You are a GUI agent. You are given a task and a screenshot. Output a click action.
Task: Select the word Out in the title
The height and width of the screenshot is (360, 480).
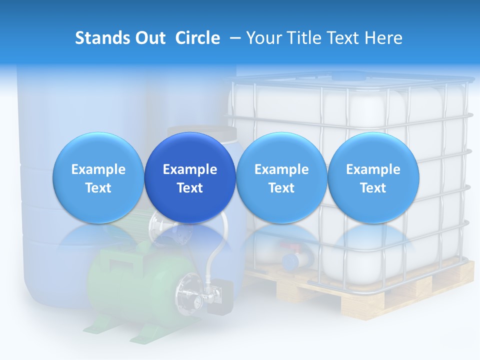(x=148, y=38)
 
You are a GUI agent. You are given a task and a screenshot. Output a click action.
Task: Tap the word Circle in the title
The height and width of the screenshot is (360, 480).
(x=197, y=38)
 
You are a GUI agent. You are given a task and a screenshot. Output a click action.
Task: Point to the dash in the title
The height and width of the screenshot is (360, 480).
(x=233, y=38)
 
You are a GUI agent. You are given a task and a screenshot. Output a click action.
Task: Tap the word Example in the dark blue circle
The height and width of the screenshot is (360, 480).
(x=190, y=169)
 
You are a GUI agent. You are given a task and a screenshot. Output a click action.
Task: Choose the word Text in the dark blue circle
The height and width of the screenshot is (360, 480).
(x=190, y=188)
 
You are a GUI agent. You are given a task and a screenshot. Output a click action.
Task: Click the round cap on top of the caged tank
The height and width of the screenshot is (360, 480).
(x=348, y=76)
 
